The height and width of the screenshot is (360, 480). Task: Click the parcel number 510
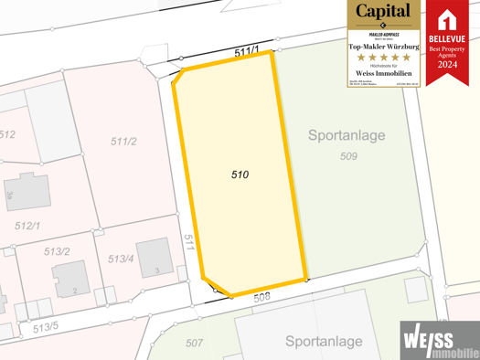click(240, 174)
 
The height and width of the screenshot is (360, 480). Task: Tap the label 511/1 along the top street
click(246, 53)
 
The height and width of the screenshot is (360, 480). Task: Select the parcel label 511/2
click(123, 142)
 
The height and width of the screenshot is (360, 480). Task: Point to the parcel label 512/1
click(27, 226)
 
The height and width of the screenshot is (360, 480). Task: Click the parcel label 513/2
click(57, 251)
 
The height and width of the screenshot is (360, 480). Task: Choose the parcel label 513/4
click(121, 259)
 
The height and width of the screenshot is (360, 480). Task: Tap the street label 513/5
click(45, 327)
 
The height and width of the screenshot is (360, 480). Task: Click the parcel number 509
click(347, 156)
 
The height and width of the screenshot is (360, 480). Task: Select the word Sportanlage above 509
click(347, 136)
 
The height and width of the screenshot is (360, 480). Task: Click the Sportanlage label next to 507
click(324, 342)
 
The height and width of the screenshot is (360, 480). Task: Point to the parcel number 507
click(194, 343)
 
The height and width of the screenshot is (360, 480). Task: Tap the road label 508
click(262, 297)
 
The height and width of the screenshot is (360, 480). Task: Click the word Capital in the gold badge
click(383, 12)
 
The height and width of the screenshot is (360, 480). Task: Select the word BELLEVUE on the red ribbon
click(447, 38)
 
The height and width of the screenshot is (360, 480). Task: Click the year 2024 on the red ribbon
click(447, 65)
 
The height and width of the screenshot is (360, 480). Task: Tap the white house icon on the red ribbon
click(447, 19)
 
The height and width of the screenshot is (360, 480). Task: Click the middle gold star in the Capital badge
click(383, 58)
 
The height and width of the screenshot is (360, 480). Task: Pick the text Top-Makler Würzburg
click(383, 46)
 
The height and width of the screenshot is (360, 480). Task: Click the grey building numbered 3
click(153, 258)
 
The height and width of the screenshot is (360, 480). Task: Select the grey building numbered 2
click(70, 279)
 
